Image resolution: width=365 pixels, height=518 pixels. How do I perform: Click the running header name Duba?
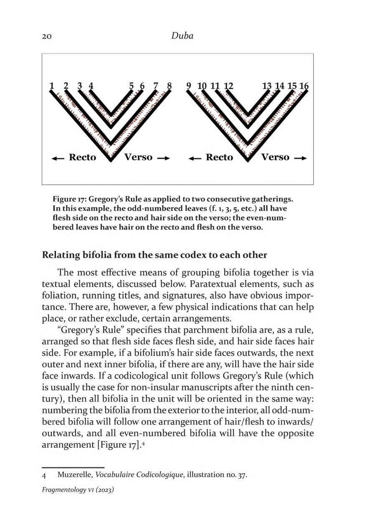point(182,36)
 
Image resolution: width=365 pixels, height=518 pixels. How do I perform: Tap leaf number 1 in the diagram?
point(51,86)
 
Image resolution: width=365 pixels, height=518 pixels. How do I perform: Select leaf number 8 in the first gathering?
point(170,86)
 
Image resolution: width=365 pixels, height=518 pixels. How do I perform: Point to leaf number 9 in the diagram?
point(189,86)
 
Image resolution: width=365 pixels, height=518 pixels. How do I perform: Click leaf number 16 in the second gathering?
point(304,86)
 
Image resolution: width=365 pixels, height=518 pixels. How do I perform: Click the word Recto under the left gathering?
point(82,157)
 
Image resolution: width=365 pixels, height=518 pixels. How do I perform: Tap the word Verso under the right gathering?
point(275,157)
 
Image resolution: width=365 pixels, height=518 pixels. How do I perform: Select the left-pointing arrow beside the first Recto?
point(57,158)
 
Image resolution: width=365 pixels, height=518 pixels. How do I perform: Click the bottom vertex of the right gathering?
point(248,159)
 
